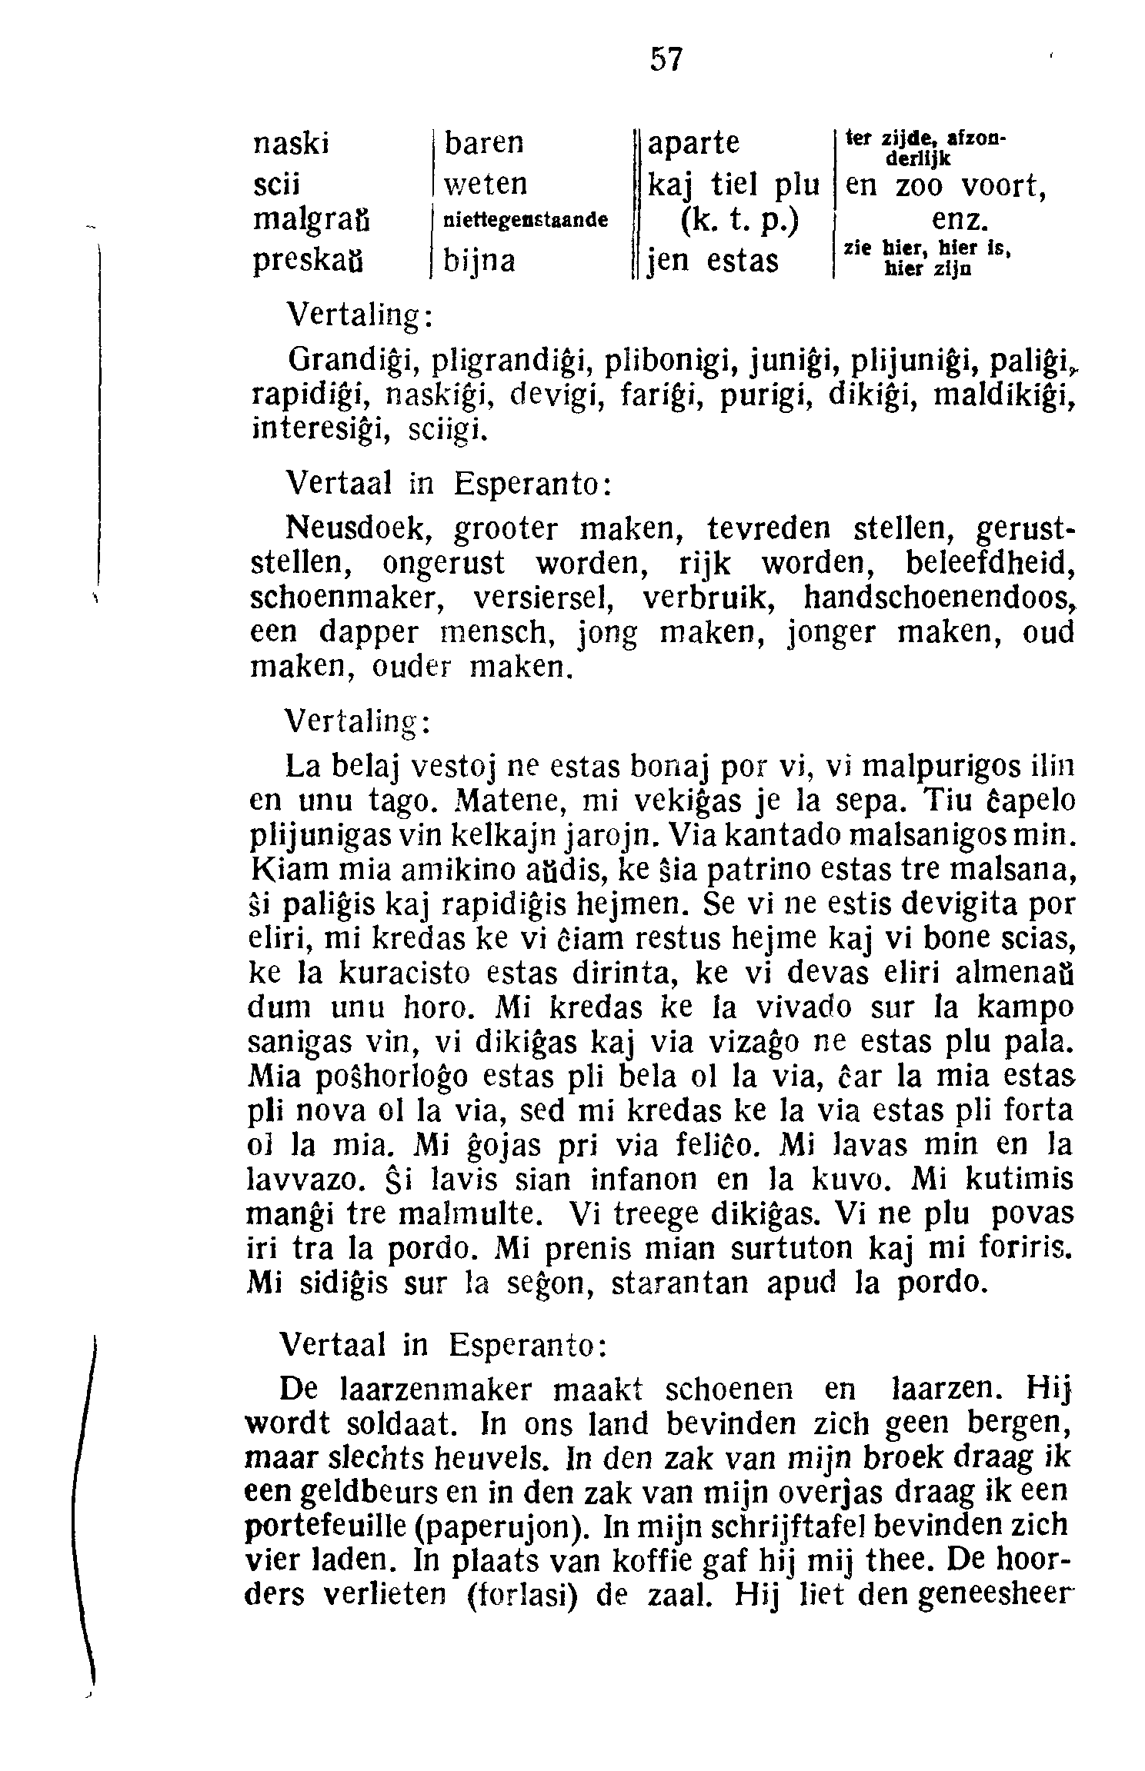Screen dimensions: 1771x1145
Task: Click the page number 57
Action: click(x=666, y=60)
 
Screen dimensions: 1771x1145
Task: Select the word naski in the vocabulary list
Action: click(x=291, y=144)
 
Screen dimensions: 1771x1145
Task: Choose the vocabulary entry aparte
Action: click(x=694, y=144)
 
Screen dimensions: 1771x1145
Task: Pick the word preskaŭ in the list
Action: click(x=308, y=261)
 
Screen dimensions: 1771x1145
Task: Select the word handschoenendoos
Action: click(x=937, y=598)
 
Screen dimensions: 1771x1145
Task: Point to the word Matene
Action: click(x=508, y=801)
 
